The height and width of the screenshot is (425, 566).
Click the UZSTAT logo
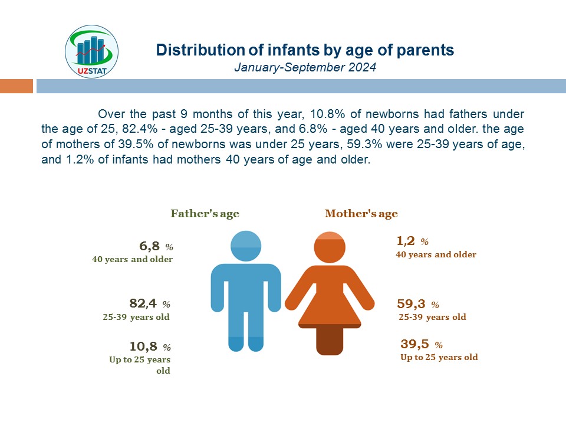(92, 51)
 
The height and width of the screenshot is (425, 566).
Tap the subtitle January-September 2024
(305, 67)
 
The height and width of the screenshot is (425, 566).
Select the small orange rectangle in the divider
(17, 86)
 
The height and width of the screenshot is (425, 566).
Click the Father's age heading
(205, 214)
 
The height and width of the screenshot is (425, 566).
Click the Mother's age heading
(361, 214)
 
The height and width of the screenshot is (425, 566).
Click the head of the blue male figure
(246, 246)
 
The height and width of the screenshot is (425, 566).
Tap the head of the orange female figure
(330, 247)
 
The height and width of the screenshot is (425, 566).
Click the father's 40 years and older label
(133, 259)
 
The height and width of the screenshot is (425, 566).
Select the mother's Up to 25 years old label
(439, 358)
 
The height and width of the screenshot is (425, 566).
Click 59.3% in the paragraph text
(364, 144)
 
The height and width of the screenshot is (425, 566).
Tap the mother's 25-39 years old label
(432, 318)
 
